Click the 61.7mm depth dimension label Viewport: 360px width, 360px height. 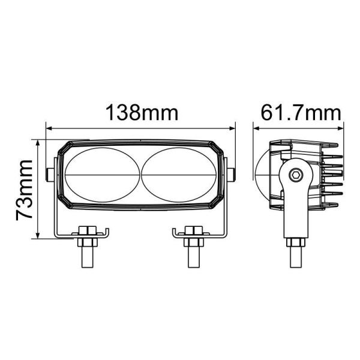pyautogui.click(x=301, y=112)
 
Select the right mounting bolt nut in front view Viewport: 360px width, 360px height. pyautogui.click(x=192, y=232)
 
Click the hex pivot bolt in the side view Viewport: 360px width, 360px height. pyautogui.click(x=295, y=174)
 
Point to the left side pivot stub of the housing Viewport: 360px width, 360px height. pyautogui.click(x=49, y=174)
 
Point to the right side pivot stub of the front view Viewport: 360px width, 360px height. pyautogui.click(x=232, y=174)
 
